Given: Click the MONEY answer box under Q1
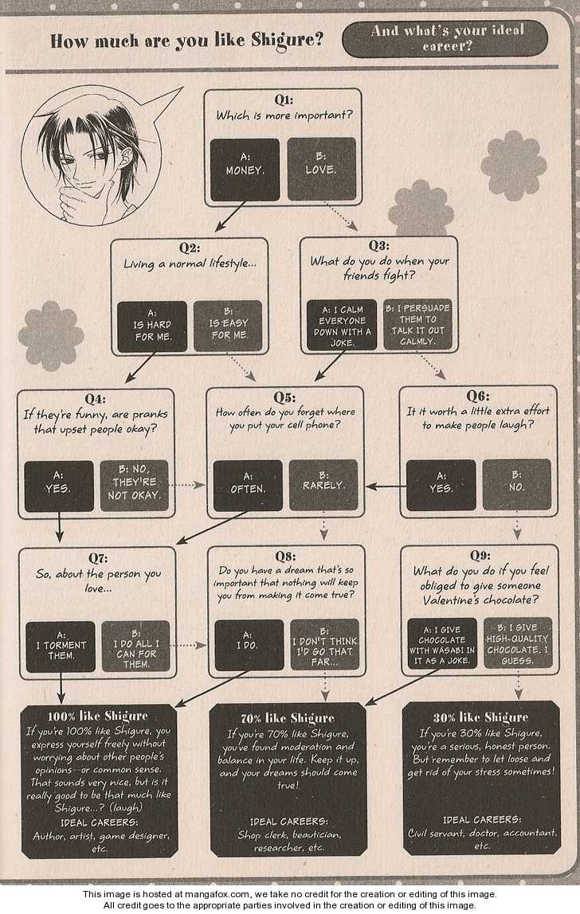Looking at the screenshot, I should point(245,170).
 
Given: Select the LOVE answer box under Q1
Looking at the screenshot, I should point(321,170).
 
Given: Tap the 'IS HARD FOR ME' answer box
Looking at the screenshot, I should point(151,326).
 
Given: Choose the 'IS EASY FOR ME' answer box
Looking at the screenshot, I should point(228,326).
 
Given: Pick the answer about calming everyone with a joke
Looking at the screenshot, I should point(342,325).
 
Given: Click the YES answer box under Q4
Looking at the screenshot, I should point(59,486).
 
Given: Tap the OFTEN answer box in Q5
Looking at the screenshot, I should point(248,486).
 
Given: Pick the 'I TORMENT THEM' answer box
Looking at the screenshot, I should point(60,646).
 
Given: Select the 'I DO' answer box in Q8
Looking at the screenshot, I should point(249,645).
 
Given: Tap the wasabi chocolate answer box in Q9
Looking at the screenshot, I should point(441,643).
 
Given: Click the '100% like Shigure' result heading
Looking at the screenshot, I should point(98,716).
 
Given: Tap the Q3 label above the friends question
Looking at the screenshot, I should point(378,245).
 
